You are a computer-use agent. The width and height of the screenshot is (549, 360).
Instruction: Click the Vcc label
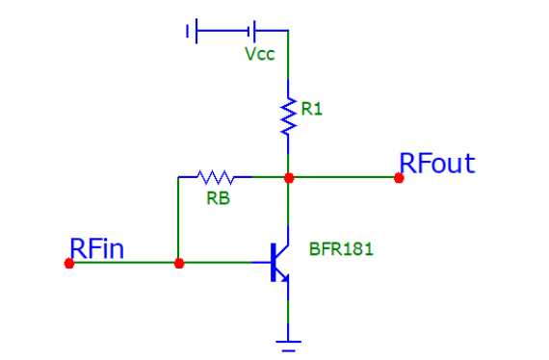[x=260, y=54]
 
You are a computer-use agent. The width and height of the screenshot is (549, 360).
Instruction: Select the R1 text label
[x=312, y=110]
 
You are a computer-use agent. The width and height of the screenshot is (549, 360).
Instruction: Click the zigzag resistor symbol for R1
[x=288, y=114]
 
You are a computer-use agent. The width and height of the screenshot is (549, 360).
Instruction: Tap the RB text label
[x=217, y=199]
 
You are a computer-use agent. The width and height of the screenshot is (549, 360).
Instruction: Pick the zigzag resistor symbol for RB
[x=215, y=177]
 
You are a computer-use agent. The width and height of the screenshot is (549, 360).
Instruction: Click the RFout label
[x=437, y=164]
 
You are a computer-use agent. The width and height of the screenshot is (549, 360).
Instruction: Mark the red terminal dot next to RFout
[x=399, y=177]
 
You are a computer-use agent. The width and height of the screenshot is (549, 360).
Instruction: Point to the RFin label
[x=96, y=248]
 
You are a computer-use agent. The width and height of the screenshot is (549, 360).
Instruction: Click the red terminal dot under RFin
[x=69, y=263]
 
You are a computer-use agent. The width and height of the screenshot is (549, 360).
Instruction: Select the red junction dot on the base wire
[x=178, y=263]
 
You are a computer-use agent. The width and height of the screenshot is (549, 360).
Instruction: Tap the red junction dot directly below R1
[x=288, y=177]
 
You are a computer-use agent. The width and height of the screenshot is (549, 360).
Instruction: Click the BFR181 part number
[x=341, y=249]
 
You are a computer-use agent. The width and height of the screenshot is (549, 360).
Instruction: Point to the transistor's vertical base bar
[x=272, y=263]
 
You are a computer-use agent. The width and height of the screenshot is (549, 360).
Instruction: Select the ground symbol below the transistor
[x=288, y=339]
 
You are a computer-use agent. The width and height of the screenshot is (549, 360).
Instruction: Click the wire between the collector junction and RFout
[x=343, y=177]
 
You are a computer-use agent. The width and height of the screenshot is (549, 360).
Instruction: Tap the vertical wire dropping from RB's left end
[x=178, y=219]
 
